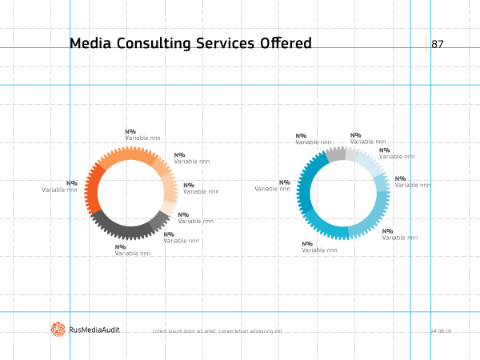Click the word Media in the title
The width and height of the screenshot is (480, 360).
90,43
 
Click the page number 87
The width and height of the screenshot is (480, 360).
438,44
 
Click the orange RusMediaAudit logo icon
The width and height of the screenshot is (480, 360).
58,329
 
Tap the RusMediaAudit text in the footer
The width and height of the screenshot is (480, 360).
94,330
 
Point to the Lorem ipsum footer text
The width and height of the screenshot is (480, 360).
217,331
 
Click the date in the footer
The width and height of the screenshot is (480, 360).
441,330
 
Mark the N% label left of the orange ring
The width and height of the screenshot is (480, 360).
72,183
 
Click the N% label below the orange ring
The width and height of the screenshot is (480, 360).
121,247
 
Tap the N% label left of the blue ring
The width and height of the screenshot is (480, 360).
285,182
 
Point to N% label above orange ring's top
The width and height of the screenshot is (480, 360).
130,132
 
